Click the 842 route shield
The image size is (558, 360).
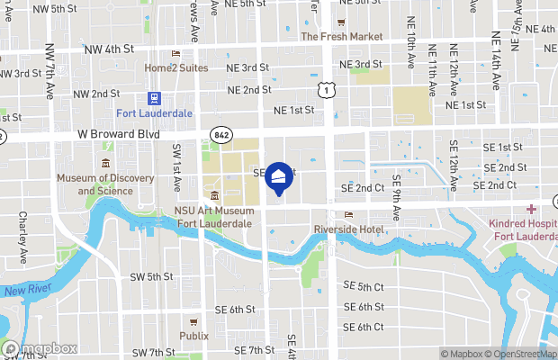[x=220, y=134]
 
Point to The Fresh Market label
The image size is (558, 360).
[x=341, y=37]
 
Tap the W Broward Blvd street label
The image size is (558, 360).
[x=119, y=134]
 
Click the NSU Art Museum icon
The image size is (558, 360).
[x=214, y=196]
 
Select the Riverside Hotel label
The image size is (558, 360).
[x=349, y=229]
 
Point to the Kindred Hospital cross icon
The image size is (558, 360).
[x=531, y=209]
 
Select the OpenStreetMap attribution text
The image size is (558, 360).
[x=522, y=353]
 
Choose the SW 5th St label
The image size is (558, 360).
[x=151, y=276]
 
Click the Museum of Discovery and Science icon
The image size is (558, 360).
[x=106, y=163]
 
